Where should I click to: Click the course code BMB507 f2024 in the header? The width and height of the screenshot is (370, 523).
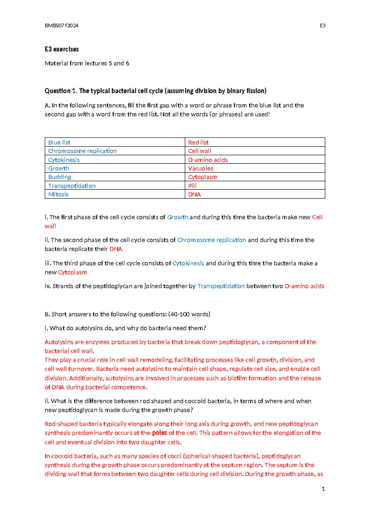(x=61, y=26)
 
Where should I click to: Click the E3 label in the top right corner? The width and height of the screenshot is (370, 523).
(x=323, y=26)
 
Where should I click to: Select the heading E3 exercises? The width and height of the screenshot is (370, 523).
(x=62, y=49)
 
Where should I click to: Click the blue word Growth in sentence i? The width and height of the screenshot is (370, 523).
(x=178, y=217)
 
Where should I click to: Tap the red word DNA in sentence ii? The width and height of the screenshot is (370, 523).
(x=116, y=249)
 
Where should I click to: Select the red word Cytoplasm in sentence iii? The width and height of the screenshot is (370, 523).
(x=72, y=272)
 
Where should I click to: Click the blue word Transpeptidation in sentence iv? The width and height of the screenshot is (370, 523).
(x=221, y=286)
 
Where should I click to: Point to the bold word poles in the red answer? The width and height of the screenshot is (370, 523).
(x=159, y=433)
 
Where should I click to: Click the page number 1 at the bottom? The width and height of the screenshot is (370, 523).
(x=323, y=489)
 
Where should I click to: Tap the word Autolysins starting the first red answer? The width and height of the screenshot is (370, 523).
(x=59, y=342)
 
